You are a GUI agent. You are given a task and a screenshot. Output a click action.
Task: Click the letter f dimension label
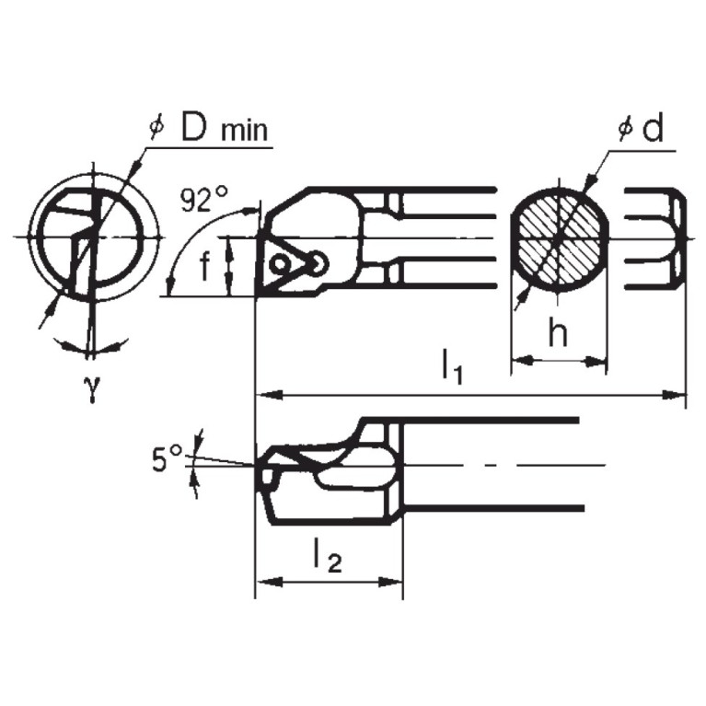(204, 264)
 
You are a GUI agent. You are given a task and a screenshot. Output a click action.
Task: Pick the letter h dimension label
(558, 333)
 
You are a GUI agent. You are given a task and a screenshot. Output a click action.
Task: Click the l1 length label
(451, 367)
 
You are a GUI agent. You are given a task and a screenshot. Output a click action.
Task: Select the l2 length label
(327, 555)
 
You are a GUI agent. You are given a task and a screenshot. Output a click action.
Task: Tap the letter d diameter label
(653, 130)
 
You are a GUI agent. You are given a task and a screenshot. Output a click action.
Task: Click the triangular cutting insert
(286, 263)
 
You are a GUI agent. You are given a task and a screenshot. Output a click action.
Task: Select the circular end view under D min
(92, 236)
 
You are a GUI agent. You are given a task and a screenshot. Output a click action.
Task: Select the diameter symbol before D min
(156, 128)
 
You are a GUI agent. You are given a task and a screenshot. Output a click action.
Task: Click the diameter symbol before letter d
(625, 130)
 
